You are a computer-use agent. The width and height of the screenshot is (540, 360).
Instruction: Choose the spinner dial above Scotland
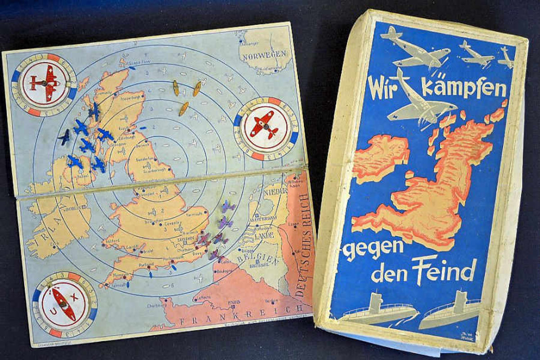(44, 84)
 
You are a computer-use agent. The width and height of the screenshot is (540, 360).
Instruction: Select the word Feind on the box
(444, 271)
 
